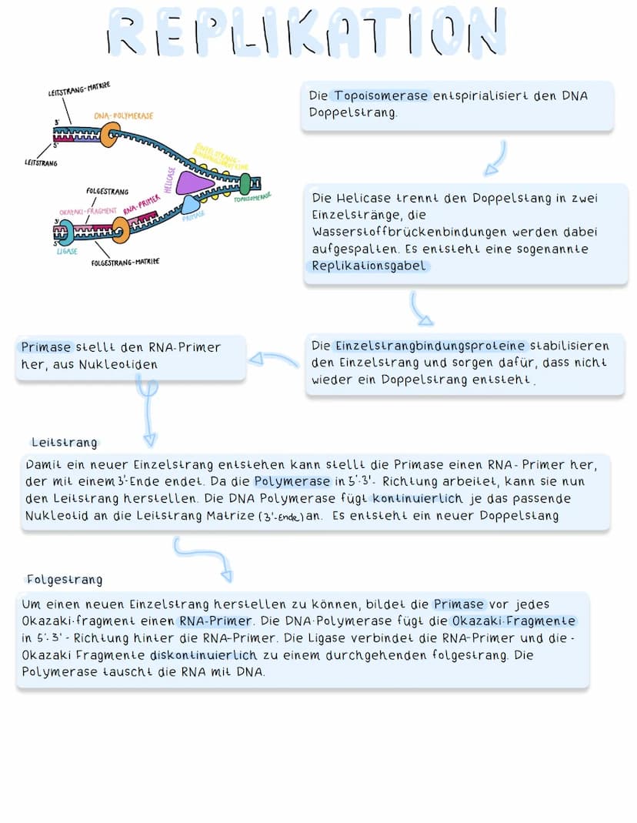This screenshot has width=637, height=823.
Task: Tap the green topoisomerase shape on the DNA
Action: click(x=245, y=185)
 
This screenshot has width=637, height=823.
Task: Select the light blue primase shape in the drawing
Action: click(x=190, y=205)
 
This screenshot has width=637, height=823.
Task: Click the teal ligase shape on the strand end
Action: click(x=64, y=231)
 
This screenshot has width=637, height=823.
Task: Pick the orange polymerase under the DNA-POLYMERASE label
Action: click(x=110, y=135)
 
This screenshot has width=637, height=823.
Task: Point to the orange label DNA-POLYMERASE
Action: click(x=123, y=115)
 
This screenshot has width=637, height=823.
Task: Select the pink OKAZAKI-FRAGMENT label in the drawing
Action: click(x=88, y=211)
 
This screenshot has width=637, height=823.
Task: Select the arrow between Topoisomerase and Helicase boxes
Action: click(x=497, y=158)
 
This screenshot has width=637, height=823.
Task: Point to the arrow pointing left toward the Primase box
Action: click(x=272, y=360)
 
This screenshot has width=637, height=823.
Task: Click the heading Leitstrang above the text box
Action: click(x=65, y=443)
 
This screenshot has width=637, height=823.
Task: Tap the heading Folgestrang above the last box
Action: click(x=65, y=580)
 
